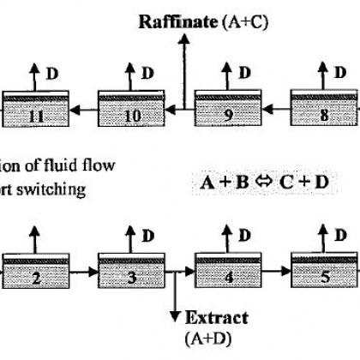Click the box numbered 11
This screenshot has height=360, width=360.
click(x=36, y=109)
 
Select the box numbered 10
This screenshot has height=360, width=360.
click(x=131, y=109)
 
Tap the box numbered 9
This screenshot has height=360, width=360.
click(x=228, y=108)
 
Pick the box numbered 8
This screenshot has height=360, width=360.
click(x=324, y=108)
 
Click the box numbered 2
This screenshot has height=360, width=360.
click(x=36, y=271)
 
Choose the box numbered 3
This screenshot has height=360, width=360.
click(x=131, y=271)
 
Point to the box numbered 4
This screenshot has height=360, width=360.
click(x=228, y=270)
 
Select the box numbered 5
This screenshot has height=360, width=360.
click(x=324, y=270)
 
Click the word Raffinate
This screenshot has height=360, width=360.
click(x=177, y=21)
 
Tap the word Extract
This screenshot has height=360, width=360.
click(x=217, y=318)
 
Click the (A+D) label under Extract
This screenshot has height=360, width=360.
click(x=207, y=339)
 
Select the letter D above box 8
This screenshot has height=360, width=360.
click(x=340, y=73)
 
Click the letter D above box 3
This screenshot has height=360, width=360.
click(x=148, y=236)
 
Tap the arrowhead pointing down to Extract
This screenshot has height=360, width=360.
click(x=175, y=317)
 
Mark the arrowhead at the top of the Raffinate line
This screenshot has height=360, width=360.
click(x=184, y=39)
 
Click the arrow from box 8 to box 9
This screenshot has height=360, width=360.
click(x=276, y=109)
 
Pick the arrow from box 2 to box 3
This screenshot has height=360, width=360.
click(x=84, y=272)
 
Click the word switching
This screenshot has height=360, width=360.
click(x=51, y=190)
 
